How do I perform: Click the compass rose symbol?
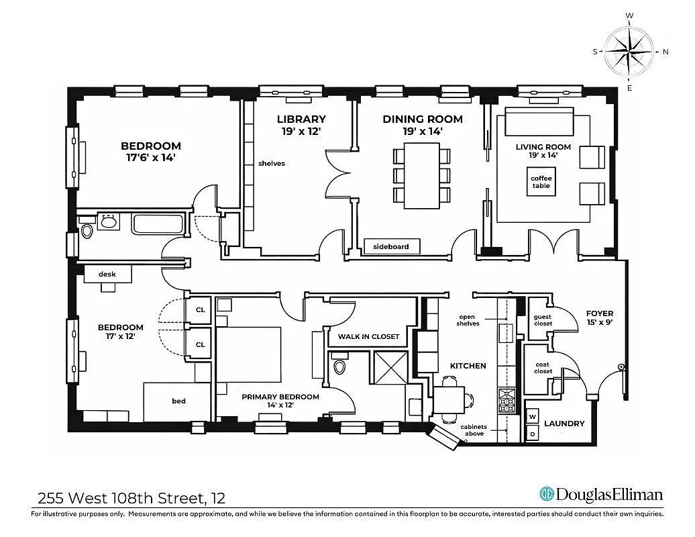(629, 51)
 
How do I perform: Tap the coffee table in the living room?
(541, 182)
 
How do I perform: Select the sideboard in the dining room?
(391, 246)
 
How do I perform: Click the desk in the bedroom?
(107, 274)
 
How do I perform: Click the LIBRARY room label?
(301, 119)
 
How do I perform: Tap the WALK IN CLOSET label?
(368, 336)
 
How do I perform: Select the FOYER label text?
(599, 313)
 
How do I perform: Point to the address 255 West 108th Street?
(131, 498)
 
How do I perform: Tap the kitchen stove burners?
(506, 400)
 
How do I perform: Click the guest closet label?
(542, 320)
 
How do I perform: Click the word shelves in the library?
(272, 163)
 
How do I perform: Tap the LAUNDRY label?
(564, 424)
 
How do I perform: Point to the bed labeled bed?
(178, 401)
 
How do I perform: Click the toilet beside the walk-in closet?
(339, 367)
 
